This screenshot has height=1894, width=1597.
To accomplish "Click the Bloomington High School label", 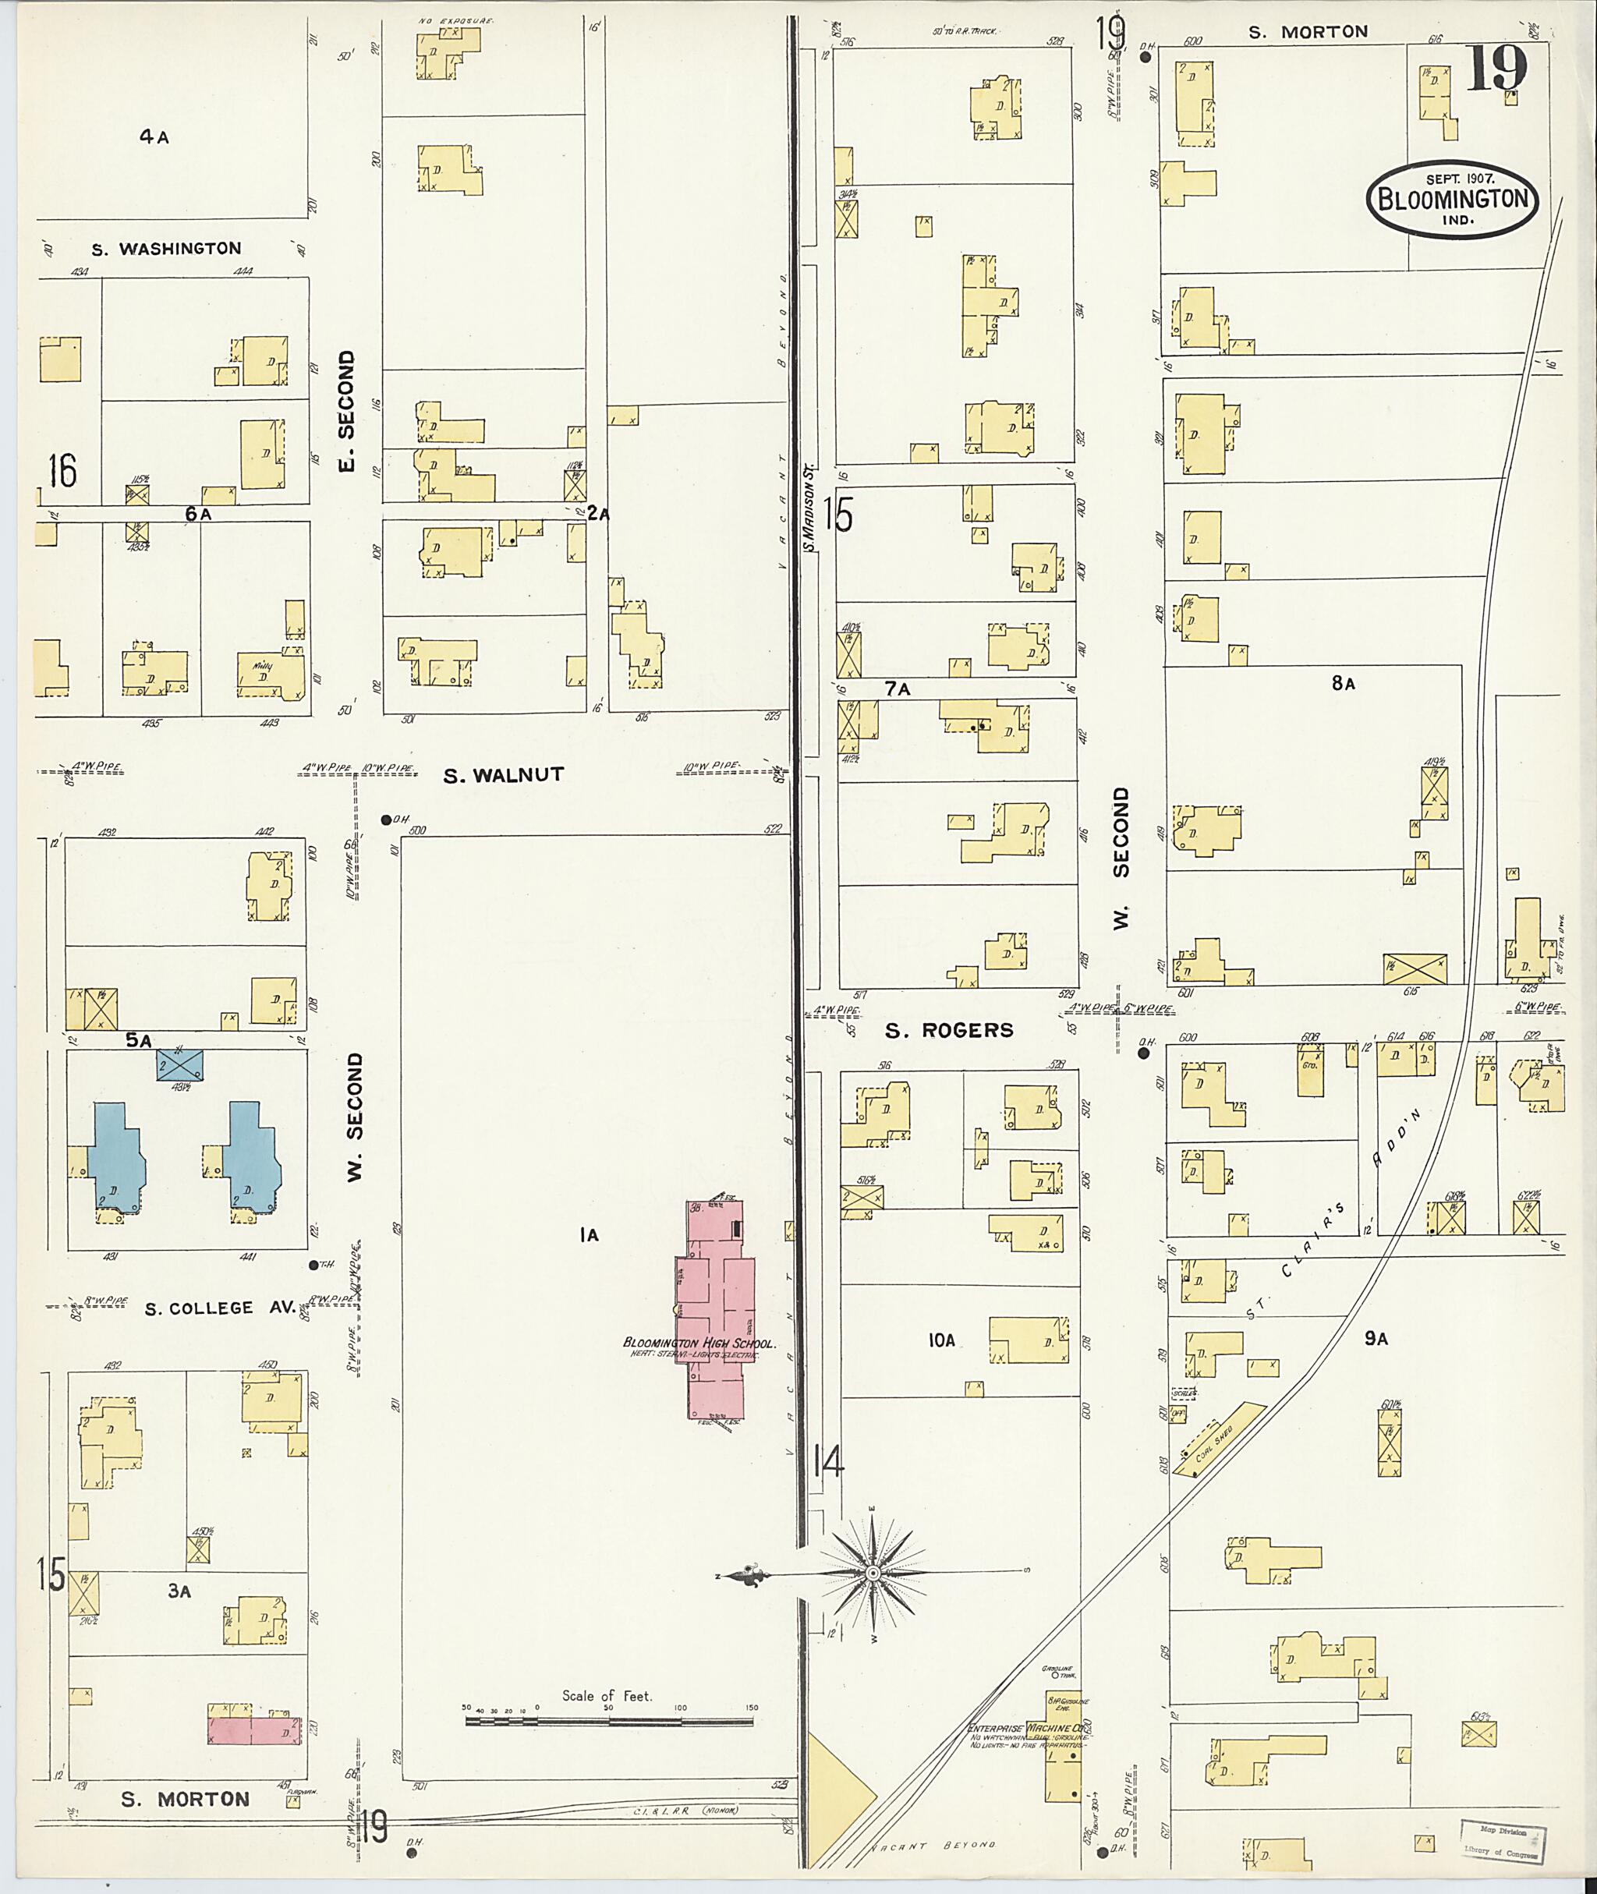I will pyautogui.click(x=699, y=1343).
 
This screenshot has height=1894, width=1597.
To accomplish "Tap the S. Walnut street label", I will pyautogui.click(x=504, y=775).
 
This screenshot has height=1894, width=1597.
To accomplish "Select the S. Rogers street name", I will pyautogui.click(x=949, y=1029).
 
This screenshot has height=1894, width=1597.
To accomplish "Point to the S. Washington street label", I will pyautogui.click(x=167, y=248).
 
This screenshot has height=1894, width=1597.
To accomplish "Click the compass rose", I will pyautogui.click(x=872, y=1574).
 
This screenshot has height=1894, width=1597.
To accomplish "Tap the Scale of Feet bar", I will pyautogui.click(x=612, y=1718).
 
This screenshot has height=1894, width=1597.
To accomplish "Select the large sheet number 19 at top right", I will pyautogui.click(x=1496, y=68).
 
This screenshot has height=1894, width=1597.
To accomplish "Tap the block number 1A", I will pyautogui.click(x=590, y=1234).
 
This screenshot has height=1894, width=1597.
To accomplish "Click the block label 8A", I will pyautogui.click(x=1343, y=685).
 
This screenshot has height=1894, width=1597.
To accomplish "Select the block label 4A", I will pyautogui.click(x=154, y=137).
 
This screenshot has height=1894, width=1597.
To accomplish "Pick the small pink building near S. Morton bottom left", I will pyautogui.click(x=253, y=1731).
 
